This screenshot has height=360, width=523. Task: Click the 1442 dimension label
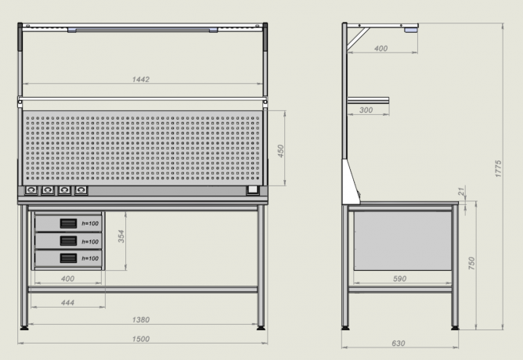[141, 79]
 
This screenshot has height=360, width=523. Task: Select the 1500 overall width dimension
[141, 339]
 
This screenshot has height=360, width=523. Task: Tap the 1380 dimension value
[141, 319]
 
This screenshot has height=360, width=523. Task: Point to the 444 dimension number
[67, 303]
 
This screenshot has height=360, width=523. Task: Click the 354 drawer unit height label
[121, 236]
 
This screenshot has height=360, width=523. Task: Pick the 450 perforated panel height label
[280, 151]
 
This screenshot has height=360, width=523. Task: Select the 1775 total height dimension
[498, 169]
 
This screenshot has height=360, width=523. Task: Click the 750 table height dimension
[471, 263]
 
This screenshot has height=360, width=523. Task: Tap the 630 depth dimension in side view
[399, 343]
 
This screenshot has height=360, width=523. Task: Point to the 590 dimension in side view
[399, 279]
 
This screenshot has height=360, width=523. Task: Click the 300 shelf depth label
[366, 110]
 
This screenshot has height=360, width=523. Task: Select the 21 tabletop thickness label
[461, 191]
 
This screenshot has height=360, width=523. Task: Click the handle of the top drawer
[68, 223]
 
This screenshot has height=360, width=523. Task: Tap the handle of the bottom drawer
[68, 258]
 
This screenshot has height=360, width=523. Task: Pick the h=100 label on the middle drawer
[90, 242]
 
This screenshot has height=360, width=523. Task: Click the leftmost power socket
[31, 190]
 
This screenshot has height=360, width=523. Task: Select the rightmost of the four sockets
[81, 190]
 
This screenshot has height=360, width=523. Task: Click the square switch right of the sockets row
[252, 189]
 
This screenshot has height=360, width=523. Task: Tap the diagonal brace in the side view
[359, 39]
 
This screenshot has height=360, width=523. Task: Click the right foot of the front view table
[261, 328]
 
